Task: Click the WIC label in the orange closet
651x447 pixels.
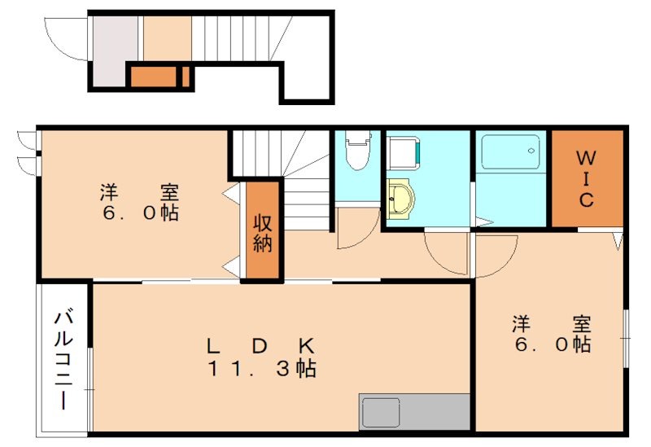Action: (x=586, y=177)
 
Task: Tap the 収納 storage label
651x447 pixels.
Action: (x=261, y=232)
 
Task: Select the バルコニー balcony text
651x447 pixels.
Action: (x=62, y=359)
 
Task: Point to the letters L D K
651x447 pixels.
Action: (x=259, y=344)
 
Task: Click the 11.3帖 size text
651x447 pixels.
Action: (x=260, y=368)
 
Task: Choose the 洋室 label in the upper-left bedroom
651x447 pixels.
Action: (x=139, y=193)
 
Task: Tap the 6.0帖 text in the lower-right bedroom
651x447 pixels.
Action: (x=551, y=344)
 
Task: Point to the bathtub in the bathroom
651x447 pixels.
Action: (x=510, y=152)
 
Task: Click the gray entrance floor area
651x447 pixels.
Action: (x=114, y=49)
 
